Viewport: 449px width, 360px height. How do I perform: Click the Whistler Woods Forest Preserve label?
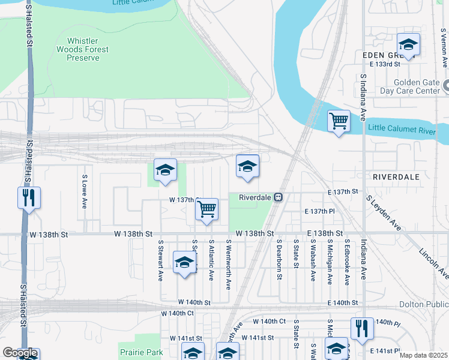82,50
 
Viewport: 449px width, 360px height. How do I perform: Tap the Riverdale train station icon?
279,197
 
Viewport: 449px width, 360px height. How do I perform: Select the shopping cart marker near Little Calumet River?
339,121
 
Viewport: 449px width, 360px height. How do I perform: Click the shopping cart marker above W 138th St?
206,209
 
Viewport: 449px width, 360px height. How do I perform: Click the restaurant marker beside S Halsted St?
29,197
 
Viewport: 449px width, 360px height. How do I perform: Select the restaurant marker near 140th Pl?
362,328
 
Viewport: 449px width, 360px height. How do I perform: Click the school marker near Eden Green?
408,44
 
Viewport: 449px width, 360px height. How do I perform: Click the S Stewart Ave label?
161,261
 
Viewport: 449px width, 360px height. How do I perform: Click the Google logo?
20,353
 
